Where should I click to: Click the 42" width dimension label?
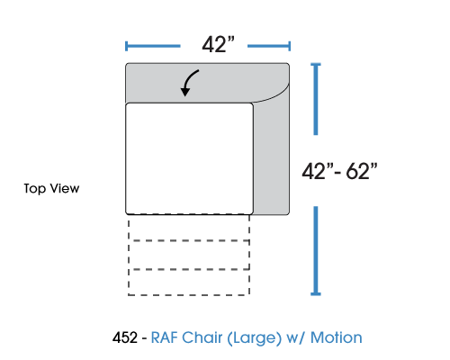pos(218,44)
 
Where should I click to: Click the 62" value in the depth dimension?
pos(362,171)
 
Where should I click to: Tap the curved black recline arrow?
pos(189,83)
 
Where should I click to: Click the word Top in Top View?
pos(35,189)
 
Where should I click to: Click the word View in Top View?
pos(65,188)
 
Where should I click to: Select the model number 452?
pos(125,337)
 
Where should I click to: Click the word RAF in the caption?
pos(165,337)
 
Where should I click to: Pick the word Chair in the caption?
pos(202,337)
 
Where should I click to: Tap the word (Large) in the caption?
pos(255,338)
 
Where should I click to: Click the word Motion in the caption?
pos(337,337)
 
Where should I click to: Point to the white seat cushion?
pos(189,158)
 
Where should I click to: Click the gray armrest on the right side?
pos(271,156)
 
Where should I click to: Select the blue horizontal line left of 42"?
pos(153,46)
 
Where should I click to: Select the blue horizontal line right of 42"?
pos(269,46)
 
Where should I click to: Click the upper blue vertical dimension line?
pos(316,99)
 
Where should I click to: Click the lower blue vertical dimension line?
pos(316,251)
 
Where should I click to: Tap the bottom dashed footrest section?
pos(189,283)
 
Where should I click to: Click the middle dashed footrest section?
pos(189,255)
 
